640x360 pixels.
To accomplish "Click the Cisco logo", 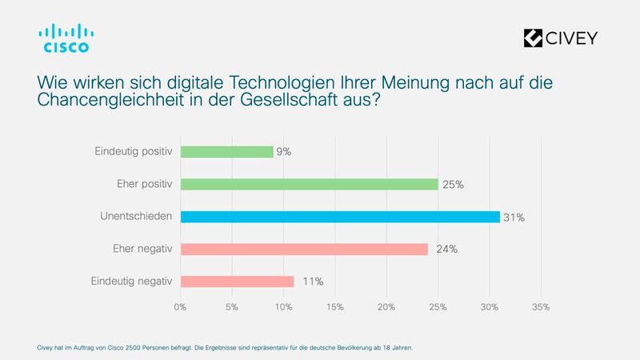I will [x=66, y=38].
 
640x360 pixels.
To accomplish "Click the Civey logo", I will [x=559, y=38].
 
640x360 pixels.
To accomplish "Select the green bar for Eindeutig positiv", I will [x=226, y=151].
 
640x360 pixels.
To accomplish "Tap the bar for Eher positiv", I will [x=309, y=184].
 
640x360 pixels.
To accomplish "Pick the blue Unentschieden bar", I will [x=340, y=217].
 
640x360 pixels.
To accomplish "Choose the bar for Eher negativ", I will [x=304, y=249].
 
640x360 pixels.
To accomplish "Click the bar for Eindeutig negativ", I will [x=237, y=282].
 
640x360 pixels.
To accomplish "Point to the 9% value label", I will [x=284, y=151].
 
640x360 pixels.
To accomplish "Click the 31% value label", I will [x=514, y=217].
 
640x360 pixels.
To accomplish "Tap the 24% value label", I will [x=446, y=249].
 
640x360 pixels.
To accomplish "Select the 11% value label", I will [x=312, y=282].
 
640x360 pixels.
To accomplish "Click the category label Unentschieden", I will [x=135, y=217].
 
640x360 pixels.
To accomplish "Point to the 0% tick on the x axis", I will [x=180, y=306].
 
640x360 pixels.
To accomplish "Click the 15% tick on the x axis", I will [x=334, y=306].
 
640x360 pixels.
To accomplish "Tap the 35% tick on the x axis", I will [x=541, y=306].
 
